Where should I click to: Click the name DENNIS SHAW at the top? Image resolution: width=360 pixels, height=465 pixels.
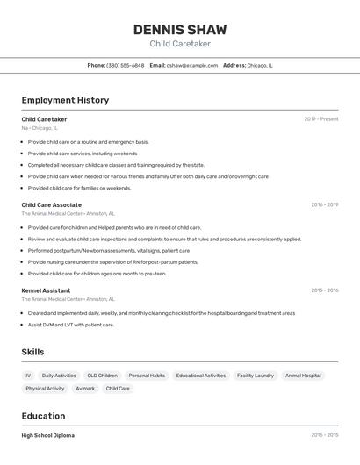(180, 29)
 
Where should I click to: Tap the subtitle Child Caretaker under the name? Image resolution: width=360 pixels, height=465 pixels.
(180, 44)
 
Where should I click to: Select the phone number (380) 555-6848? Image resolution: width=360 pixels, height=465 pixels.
(125, 65)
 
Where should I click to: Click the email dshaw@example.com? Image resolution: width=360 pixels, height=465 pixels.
(192, 65)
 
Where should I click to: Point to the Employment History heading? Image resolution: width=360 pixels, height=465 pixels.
(65, 100)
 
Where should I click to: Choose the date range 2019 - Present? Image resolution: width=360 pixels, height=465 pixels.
(321, 119)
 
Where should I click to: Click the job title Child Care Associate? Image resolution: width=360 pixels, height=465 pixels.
(51, 204)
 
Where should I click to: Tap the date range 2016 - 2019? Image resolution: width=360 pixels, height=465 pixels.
(324, 204)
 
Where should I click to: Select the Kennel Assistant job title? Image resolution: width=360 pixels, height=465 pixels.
(46, 290)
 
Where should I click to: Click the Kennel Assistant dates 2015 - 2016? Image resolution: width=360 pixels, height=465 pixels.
(324, 290)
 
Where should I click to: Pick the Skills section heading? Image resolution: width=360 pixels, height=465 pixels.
(33, 352)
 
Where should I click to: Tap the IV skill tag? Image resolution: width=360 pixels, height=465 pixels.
(28, 376)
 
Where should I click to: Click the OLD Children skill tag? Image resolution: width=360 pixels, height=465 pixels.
(102, 376)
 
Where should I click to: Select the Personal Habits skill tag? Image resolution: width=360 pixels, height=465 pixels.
(146, 376)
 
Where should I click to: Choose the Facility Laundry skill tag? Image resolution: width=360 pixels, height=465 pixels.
(256, 376)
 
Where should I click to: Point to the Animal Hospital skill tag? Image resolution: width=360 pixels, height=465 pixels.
(303, 376)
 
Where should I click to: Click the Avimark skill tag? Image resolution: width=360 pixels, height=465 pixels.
(85, 388)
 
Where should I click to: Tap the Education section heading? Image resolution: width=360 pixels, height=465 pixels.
(43, 416)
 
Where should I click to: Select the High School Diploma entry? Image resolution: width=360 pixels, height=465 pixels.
(47, 435)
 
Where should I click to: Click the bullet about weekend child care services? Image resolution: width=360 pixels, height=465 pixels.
(83, 154)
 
